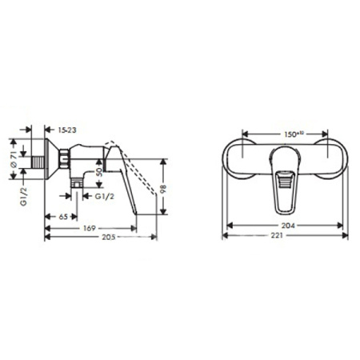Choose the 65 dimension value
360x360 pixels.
pyautogui.click(x=62, y=216)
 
